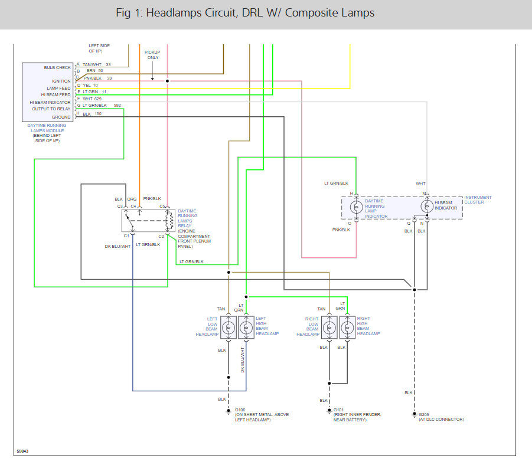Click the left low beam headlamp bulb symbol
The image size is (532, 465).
point(229,328)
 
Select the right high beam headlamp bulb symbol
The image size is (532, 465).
point(347,328)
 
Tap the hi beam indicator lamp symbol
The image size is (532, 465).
point(427,206)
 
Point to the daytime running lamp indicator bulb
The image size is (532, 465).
point(356,207)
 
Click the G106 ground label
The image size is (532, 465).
point(240,410)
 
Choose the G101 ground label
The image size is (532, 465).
point(338,410)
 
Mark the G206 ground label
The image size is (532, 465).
point(424,414)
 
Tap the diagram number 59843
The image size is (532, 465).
point(22,451)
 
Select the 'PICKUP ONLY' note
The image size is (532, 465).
point(152,55)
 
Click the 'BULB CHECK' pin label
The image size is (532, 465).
point(57,67)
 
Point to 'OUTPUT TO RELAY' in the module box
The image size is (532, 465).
point(51,109)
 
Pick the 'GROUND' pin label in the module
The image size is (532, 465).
point(61,117)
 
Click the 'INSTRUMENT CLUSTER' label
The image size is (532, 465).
point(478,200)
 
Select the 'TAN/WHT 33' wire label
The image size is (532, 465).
point(97,64)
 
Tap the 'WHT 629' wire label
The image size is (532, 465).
point(92,99)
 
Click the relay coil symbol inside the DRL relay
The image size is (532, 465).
point(169,221)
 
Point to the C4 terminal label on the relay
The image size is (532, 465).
point(133,206)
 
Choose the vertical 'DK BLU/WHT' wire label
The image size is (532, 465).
point(242,360)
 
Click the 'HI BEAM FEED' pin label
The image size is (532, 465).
point(56,94)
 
